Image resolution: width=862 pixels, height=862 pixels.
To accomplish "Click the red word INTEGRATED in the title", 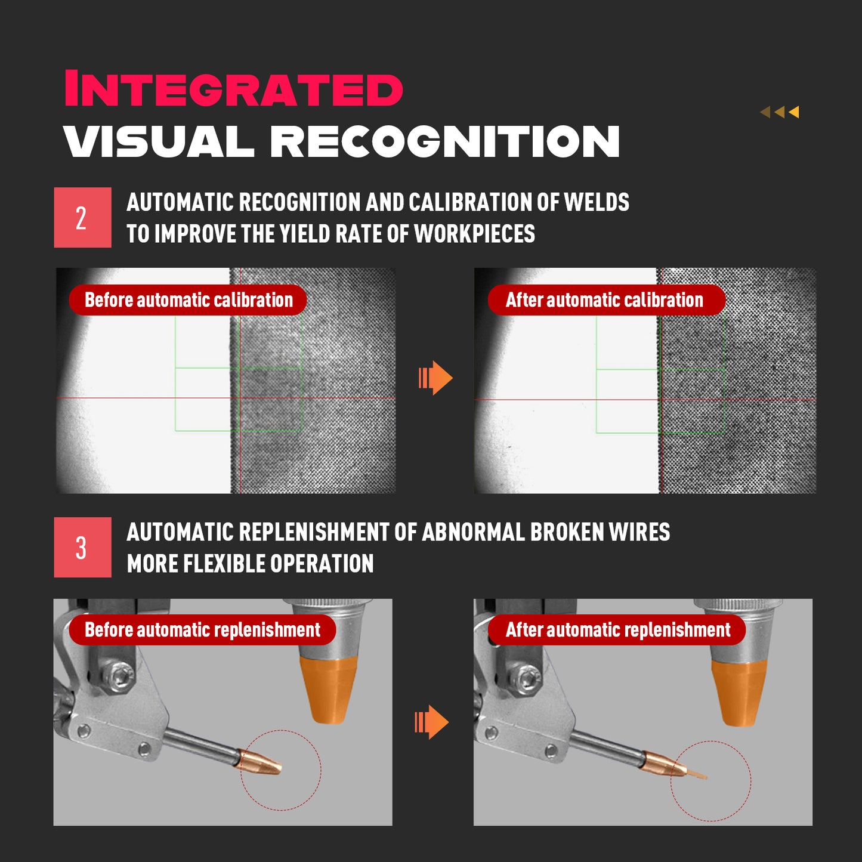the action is coord(233,88).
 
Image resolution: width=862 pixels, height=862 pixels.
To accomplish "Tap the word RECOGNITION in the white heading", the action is coord(444,141).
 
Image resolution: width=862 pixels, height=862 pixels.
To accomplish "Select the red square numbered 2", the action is coord(83,217).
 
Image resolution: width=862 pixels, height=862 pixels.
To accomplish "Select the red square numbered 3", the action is coord(83,547).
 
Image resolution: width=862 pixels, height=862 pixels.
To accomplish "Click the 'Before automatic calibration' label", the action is coord(188,299).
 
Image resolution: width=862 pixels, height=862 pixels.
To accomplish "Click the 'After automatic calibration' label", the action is coord(607,299).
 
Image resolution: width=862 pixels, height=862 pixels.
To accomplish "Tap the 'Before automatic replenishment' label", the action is coord(202,630).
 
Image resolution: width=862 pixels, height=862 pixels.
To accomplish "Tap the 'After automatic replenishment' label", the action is coord(617,630).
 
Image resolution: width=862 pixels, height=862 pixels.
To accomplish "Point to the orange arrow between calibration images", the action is coord(435,378).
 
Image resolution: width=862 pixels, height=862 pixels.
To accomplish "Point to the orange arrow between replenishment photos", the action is coord(431,722).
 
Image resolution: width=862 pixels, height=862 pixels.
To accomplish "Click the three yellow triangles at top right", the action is coord(779,112).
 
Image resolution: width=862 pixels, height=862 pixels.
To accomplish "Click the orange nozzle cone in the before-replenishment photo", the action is coord(329,690).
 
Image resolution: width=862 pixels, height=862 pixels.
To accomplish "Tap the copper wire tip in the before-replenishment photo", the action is coord(261,761).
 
